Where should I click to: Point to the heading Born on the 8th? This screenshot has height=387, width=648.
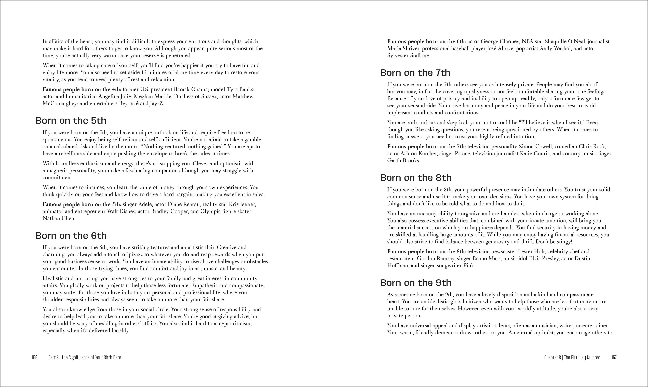[416, 178]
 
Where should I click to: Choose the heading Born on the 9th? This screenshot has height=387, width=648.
[416, 283]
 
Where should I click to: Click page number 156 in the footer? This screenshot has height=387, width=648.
[34, 357]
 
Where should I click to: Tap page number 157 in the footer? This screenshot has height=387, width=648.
[614, 357]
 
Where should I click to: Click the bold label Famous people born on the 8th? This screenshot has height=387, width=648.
[426, 252]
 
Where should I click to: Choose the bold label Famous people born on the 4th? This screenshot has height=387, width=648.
[82, 90]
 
